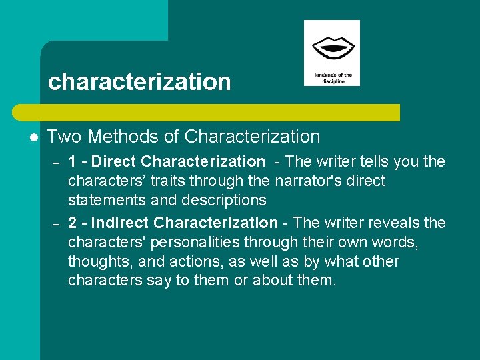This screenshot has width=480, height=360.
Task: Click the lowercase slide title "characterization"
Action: point(139,82)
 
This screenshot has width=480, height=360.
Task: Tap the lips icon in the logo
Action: point(331,49)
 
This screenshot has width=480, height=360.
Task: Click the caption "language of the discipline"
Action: point(332,77)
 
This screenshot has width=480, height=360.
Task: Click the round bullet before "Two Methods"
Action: point(33,137)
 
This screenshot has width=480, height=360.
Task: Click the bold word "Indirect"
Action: point(125,223)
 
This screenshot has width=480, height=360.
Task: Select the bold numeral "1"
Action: point(73,161)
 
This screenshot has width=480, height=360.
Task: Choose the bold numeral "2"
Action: point(73,223)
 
